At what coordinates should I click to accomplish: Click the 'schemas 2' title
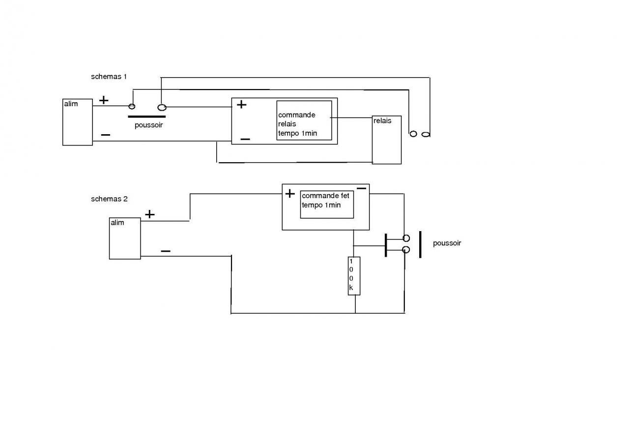click(109, 199)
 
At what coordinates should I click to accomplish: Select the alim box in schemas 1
click(78, 122)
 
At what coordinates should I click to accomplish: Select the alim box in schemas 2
click(125, 238)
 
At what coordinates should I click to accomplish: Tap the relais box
click(387, 140)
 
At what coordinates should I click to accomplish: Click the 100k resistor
click(354, 276)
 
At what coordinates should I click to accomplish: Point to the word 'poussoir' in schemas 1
click(148, 125)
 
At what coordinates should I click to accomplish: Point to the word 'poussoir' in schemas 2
click(447, 243)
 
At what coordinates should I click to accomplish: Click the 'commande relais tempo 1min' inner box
click(304, 120)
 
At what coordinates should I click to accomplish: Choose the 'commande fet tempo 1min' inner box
click(327, 204)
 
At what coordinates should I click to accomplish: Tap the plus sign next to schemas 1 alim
click(104, 101)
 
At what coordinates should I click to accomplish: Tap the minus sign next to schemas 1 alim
click(105, 135)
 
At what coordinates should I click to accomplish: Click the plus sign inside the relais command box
click(241, 104)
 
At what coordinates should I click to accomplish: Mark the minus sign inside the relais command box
click(245, 140)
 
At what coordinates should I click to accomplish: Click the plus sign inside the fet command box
click(290, 194)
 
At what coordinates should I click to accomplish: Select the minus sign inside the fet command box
click(361, 188)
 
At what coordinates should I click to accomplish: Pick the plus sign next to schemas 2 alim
click(150, 214)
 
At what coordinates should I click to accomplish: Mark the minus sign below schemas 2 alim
click(166, 251)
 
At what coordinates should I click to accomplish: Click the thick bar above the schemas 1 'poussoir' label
click(146, 117)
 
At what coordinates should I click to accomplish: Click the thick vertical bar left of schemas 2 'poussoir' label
click(420, 244)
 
